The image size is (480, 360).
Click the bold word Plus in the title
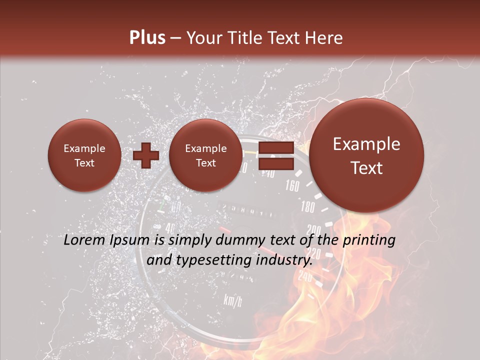tap(147, 37)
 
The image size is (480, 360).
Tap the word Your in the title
tap(205, 38)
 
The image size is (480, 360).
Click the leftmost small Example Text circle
tap(84, 155)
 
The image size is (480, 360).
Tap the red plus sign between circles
tap(145, 155)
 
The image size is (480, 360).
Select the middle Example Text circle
tap(205, 155)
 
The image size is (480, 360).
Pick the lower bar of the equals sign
tap(275, 163)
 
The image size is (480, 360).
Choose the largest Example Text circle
tap(366, 155)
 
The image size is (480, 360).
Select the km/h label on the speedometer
tap(233, 300)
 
